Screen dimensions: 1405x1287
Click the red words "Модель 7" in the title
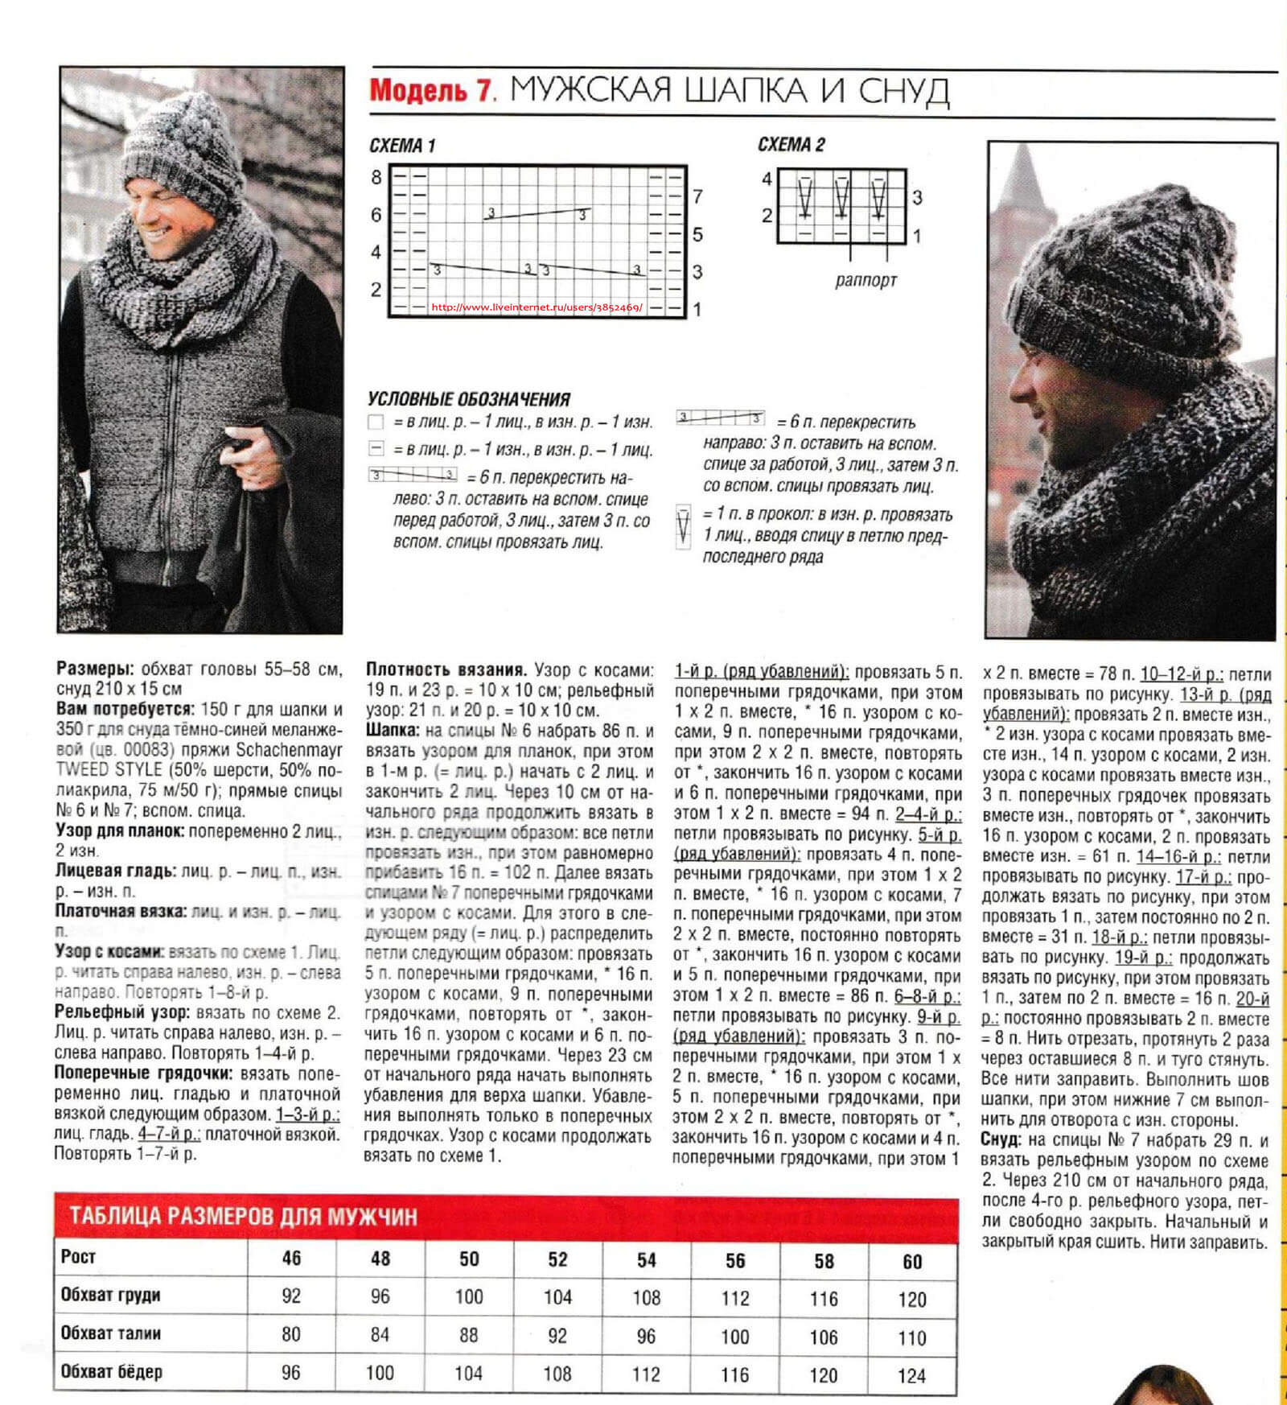430,89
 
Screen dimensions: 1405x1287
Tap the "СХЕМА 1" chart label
402,146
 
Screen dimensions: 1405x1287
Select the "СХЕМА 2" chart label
792,145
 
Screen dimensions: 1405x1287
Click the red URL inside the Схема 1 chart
537,307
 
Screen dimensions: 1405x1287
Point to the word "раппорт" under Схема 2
866,281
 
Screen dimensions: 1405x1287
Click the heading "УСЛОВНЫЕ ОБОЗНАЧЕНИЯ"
469,399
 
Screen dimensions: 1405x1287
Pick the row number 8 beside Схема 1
376,177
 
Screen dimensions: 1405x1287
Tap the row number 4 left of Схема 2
767,179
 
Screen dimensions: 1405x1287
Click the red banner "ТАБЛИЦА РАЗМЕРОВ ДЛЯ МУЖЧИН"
244,1215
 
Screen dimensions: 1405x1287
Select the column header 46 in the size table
291,1258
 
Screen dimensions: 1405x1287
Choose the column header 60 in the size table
912,1261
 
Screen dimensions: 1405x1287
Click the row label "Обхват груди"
111,1295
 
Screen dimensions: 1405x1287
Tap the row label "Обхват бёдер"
112,1372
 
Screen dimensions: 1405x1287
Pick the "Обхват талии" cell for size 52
557,1336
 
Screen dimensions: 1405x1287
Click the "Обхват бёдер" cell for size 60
912,1376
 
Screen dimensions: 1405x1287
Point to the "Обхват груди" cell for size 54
647,1297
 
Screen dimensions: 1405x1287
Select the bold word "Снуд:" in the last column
1001,1140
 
